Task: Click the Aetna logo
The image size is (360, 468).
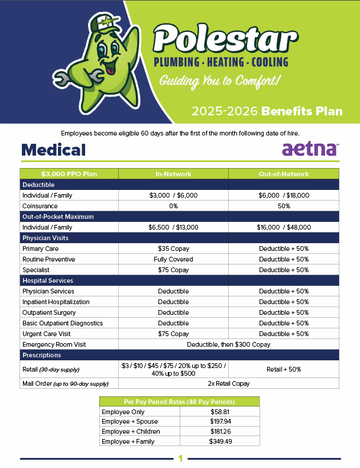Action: point(310,149)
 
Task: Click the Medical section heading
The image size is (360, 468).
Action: point(54,150)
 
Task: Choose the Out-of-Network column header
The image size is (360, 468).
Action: point(284,174)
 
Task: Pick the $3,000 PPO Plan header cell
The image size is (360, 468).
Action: point(69,174)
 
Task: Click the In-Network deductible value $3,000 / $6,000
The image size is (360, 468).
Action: point(173,195)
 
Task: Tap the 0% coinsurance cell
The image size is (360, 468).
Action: point(173,206)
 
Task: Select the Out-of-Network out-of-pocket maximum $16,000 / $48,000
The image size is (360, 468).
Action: point(284,227)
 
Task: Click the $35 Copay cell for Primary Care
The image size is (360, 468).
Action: point(173,248)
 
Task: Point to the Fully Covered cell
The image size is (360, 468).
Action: point(173,259)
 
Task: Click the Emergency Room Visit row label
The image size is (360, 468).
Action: point(54,344)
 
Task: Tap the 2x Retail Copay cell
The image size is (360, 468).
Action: point(229,383)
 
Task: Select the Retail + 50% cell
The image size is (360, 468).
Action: point(284,369)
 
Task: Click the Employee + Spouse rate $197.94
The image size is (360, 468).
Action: point(220,420)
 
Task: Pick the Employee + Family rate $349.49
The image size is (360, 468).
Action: point(220,441)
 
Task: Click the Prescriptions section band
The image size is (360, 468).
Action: point(180,355)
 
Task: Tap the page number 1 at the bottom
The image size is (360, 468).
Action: point(180,459)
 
